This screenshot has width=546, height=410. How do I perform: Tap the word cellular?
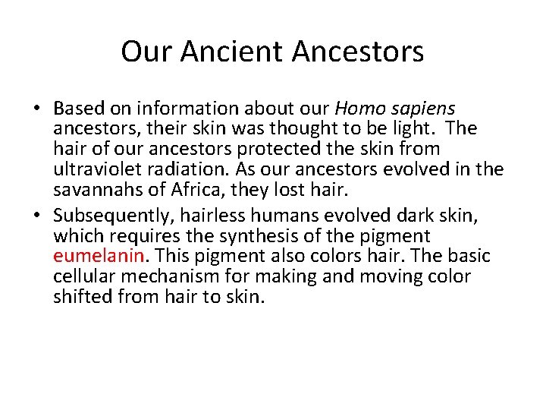[82, 276]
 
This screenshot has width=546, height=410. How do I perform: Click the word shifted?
[80, 296]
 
